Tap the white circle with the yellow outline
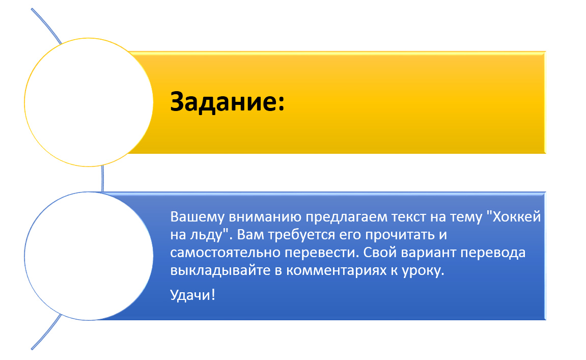pos(89,102)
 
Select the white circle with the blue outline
pos(89,256)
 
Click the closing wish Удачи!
pos(193,295)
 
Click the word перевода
pos(498,254)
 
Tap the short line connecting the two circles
pos(103,179)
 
